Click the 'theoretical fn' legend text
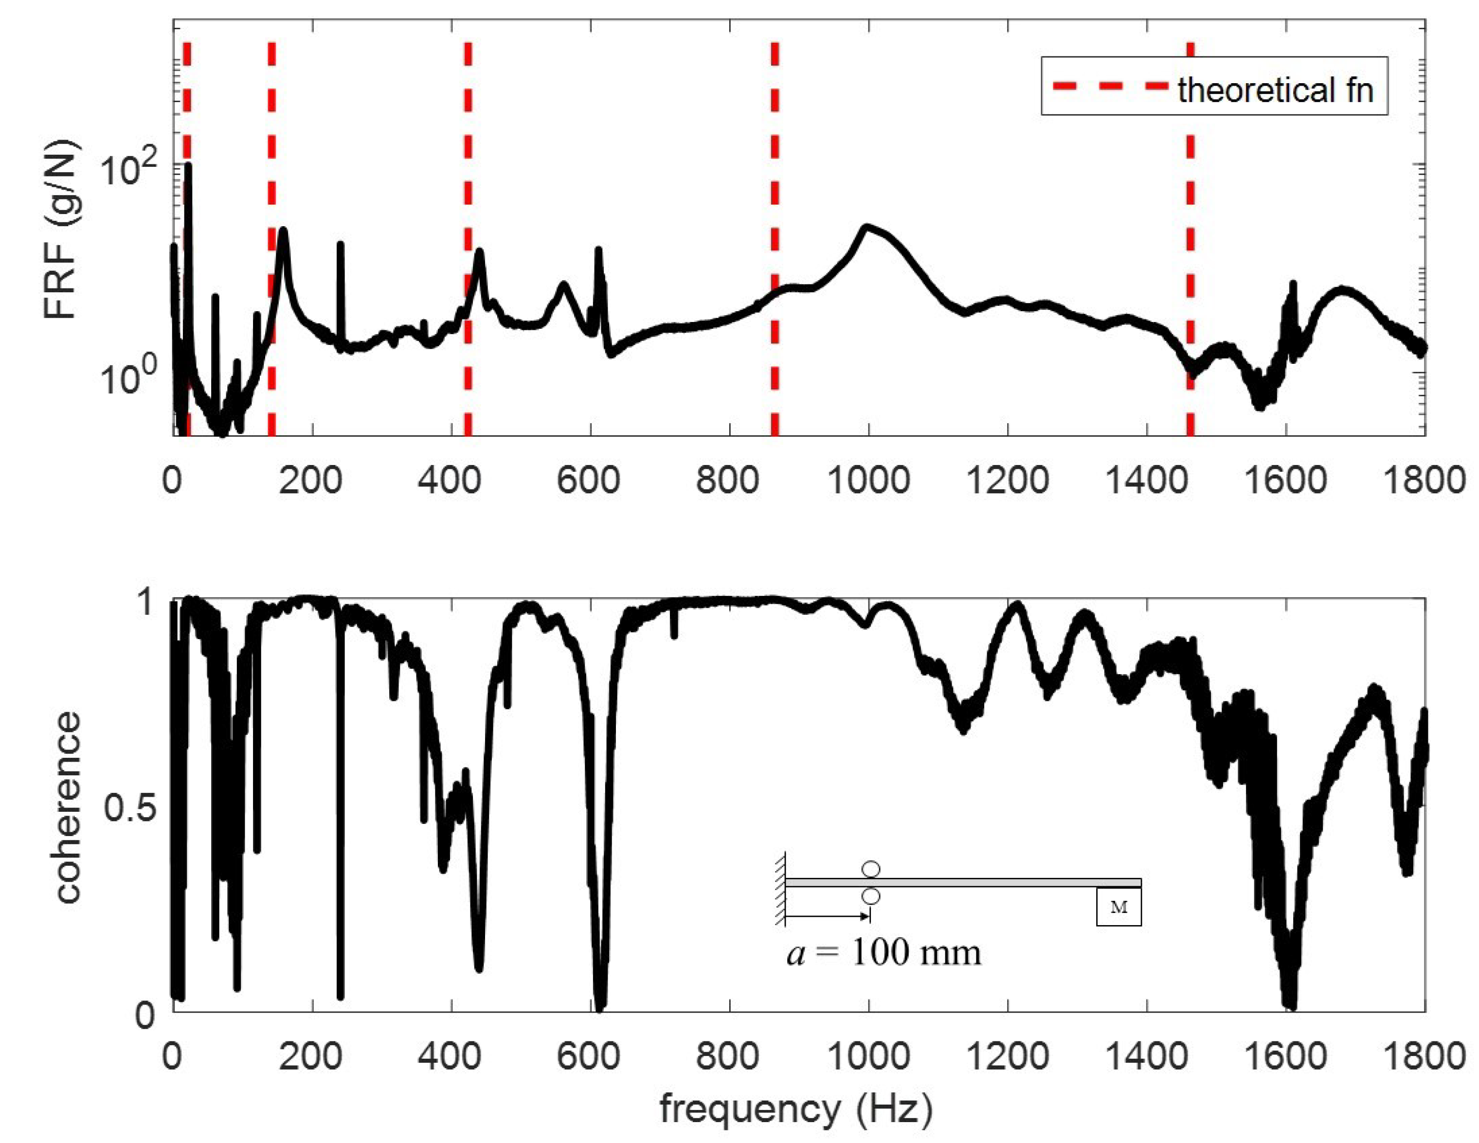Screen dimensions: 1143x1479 1276,90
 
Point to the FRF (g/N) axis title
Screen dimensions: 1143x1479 62,230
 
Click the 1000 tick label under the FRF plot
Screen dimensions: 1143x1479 868,480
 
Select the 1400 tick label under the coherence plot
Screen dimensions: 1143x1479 1147,1057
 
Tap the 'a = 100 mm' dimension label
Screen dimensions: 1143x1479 884,953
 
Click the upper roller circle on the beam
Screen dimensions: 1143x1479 871,869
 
